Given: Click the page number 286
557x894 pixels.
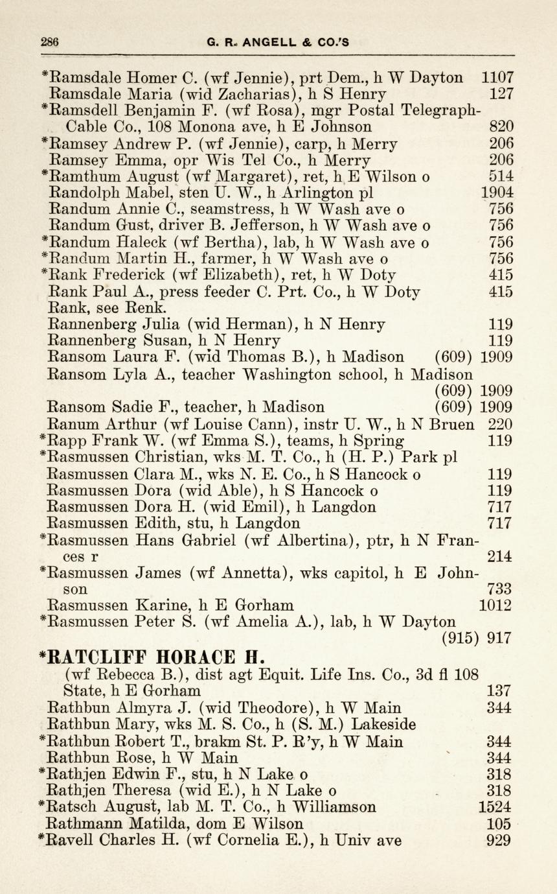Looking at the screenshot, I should pyautogui.click(x=49, y=42).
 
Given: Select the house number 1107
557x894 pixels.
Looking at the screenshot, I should pyautogui.click(x=497, y=78).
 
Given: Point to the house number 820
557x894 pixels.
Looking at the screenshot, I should pyautogui.click(x=501, y=127).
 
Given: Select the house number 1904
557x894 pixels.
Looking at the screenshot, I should pyautogui.click(x=497, y=193).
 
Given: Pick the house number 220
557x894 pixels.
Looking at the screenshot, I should pyautogui.click(x=501, y=425).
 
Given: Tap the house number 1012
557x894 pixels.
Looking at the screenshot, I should pyautogui.click(x=496, y=606).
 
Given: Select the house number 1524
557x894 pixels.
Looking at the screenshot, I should pyautogui.click(x=495, y=808).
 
